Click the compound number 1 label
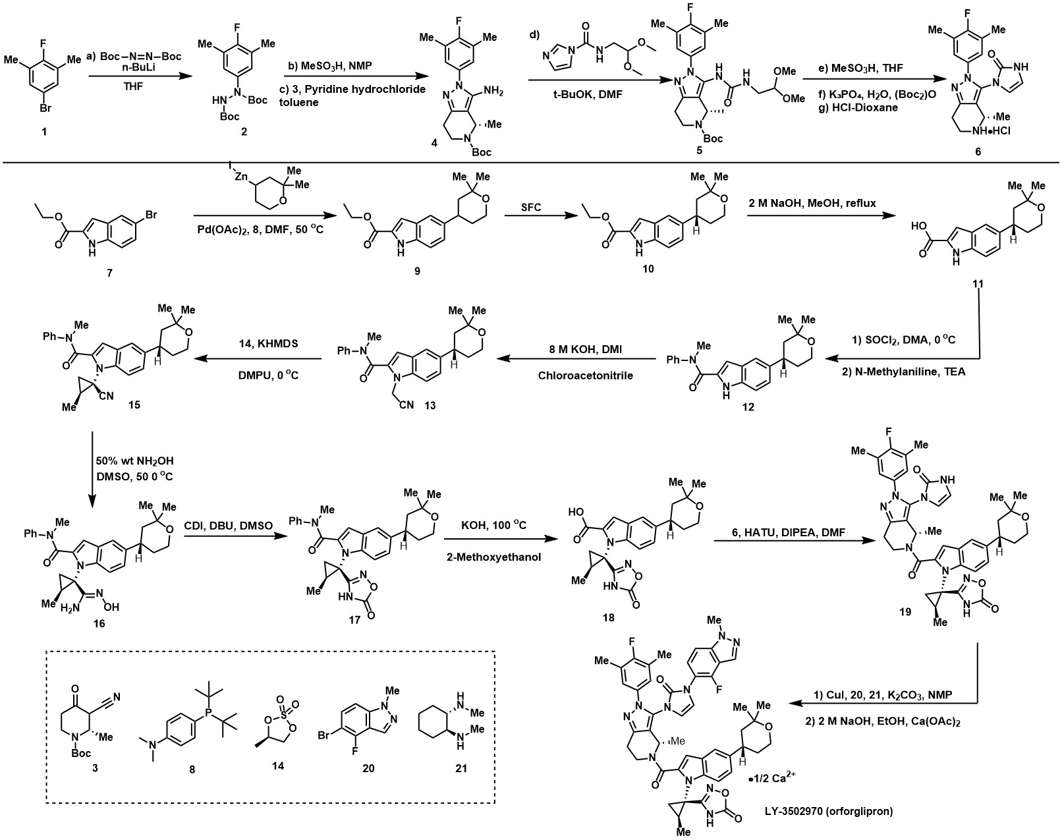click(x=44, y=132)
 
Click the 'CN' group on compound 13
click(x=401, y=405)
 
